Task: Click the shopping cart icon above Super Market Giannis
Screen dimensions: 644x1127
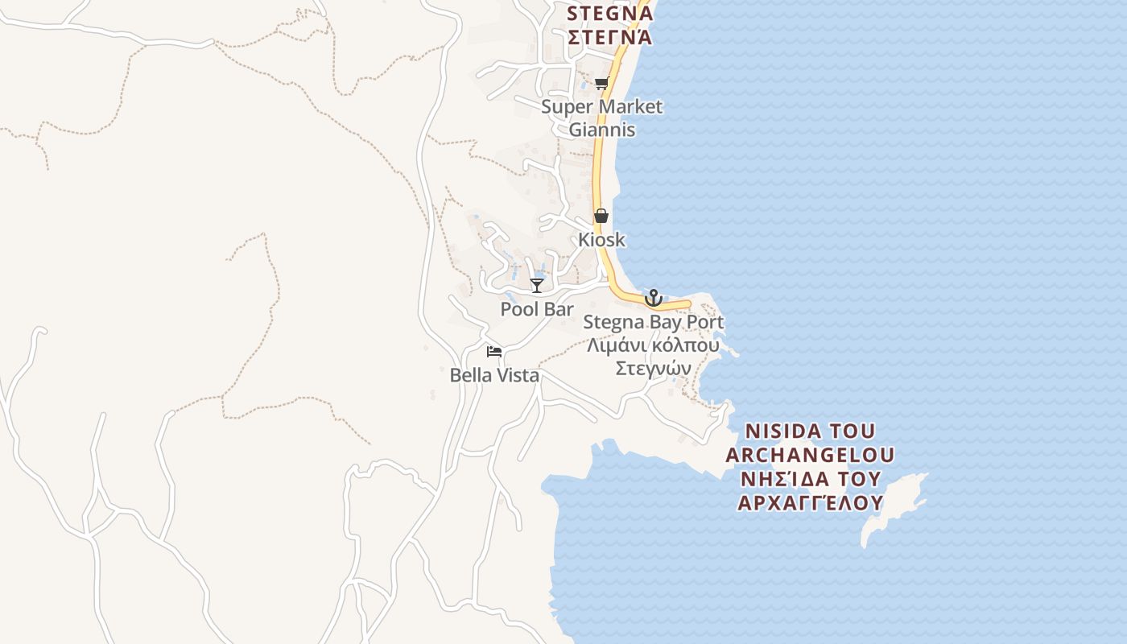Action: [x=601, y=84]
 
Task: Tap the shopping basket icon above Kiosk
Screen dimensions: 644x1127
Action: [x=601, y=216]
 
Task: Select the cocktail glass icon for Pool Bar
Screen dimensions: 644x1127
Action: [x=536, y=285]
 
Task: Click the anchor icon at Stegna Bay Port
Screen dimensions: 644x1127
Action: [x=653, y=298]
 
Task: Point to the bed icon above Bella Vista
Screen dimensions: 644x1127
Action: [x=494, y=352]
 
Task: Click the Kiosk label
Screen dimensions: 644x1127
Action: [x=601, y=240]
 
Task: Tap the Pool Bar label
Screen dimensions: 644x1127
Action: [x=537, y=309]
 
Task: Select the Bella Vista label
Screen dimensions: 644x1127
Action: [x=494, y=375]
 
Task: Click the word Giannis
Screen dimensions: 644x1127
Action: [x=601, y=130]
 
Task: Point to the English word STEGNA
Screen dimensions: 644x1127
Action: [x=608, y=14]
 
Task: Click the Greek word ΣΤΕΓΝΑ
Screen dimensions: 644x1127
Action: [x=609, y=38]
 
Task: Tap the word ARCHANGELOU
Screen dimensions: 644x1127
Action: [x=810, y=455]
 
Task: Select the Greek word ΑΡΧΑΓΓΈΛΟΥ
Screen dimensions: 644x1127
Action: [x=810, y=503]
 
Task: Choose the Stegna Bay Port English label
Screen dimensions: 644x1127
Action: [x=653, y=322]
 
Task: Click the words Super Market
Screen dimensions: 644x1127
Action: [x=601, y=106]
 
